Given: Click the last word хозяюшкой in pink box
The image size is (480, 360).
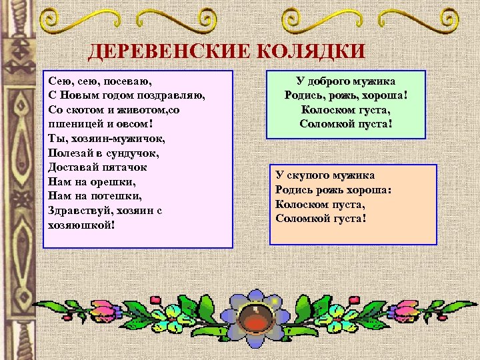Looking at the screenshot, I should coord(81,225).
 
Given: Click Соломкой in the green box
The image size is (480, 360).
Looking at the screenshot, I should coord(325,124).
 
